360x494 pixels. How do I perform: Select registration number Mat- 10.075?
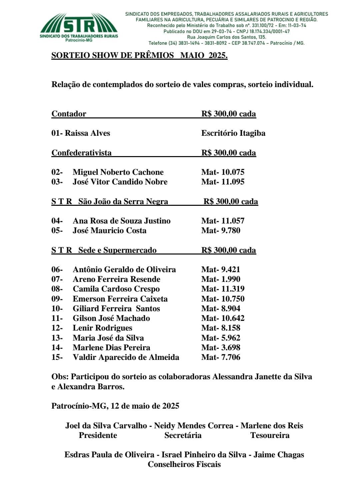[x=223, y=172]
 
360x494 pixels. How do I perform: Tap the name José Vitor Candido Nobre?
[x=120, y=182]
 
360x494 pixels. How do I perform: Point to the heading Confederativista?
[x=82, y=153]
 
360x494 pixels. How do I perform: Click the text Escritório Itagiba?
[x=233, y=133]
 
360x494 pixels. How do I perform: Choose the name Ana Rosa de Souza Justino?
[x=122, y=221]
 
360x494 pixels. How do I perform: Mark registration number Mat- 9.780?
[x=221, y=230]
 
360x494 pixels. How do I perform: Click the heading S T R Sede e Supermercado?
[x=104, y=250]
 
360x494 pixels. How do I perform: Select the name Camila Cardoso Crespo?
[x=116, y=289]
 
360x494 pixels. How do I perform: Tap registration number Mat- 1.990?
[x=221, y=279]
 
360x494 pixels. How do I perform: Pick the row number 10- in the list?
[x=57, y=309]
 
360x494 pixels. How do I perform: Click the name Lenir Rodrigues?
[x=103, y=328]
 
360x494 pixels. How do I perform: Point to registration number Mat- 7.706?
[x=221, y=357]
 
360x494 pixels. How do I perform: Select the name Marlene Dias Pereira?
[x=112, y=348]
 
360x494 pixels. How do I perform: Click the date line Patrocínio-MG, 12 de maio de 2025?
[x=115, y=406]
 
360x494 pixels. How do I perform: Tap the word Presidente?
[x=98, y=435]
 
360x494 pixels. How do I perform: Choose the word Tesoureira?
[x=270, y=435]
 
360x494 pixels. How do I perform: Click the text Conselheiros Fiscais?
[x=184, y=464]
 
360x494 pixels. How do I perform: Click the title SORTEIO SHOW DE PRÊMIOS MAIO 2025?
[x=139, y=55]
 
